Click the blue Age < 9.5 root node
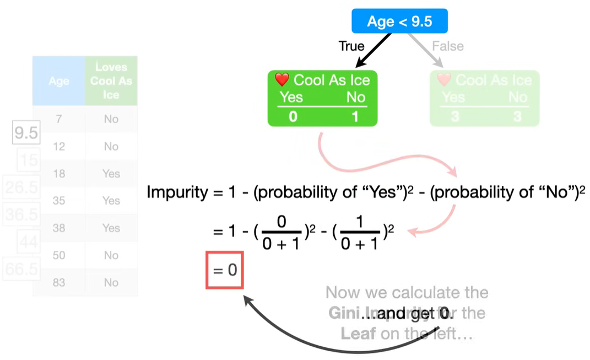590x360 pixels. [x=399, y=22]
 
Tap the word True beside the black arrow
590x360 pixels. [x=351, y=46]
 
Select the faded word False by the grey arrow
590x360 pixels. [x=447, y=46]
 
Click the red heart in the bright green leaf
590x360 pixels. [x=282, y=80]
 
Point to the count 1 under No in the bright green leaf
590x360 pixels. [x=355, y=117]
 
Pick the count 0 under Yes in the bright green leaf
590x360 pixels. [x=293, y=117]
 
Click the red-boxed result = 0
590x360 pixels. [x=224, y=270]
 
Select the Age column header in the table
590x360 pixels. [x=59, y=81]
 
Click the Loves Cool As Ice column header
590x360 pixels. [x=111, y=80]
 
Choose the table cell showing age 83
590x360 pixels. [x=59, y=282]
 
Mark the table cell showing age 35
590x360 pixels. [x=59, y=201]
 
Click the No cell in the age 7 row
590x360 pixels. [x=111, y=119]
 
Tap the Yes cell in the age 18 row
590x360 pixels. [x=111, y=174]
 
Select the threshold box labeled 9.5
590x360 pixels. [x=26, y=133]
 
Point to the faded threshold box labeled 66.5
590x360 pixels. [x=21, y=269]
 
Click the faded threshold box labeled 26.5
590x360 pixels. [x=21, y=187]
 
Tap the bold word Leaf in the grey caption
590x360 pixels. [x=353, y=334]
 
